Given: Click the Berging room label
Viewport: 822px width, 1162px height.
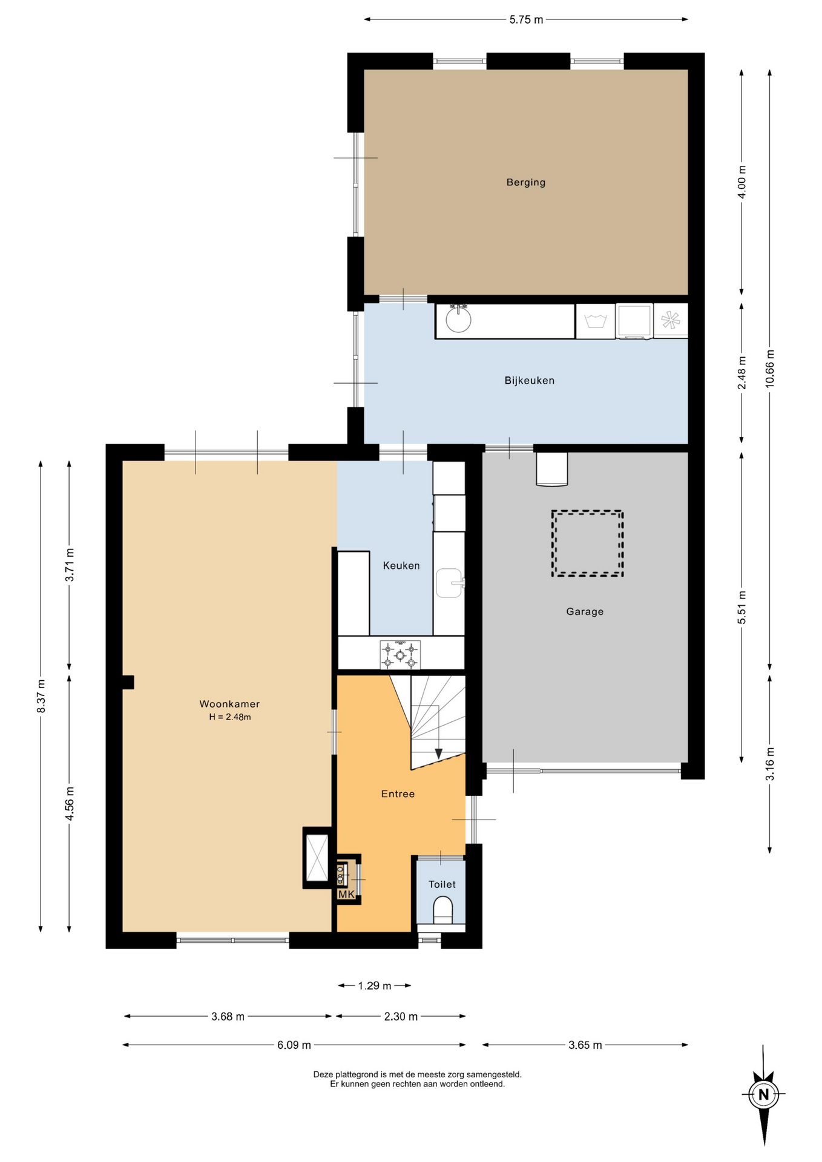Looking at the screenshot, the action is click(x=525, y=182).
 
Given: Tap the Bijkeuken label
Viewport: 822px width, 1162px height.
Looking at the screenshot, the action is click(x=529, y=381).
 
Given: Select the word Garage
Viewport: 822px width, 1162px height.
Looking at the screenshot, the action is click(x=585, y=612).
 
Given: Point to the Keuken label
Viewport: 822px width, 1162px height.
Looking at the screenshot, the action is click(x=401, y=566).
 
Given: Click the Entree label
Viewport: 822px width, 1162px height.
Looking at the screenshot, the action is click(x=398, y=794).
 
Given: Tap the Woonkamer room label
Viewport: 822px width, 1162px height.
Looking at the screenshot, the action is click(x=229, y=704).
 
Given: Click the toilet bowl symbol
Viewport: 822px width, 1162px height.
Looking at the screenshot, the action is click(x=443, y=910).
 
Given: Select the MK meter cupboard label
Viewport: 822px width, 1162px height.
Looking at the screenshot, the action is click(x=346, y=894).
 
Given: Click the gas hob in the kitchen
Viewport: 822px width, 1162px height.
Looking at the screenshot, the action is click(x=399, y=655).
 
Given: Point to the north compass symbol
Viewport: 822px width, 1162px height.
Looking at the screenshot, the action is click(x=763, y=1094).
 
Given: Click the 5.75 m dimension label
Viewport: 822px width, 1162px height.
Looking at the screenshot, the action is click(x=526, y=19).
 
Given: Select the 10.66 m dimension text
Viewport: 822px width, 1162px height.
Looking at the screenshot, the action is click(x=769, y=369).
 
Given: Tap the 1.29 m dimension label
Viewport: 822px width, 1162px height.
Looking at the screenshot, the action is click(x=374, y=986).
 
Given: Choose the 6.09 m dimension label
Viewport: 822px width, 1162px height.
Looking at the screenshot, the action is click(x=294, y=1045).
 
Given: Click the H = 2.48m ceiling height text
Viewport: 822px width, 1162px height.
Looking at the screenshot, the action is click(x=229, y=717).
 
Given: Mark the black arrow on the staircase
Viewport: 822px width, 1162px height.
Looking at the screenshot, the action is click(x=438, y=753).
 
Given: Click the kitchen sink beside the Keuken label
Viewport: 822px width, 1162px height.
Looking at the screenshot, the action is click(x=449, y=583).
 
